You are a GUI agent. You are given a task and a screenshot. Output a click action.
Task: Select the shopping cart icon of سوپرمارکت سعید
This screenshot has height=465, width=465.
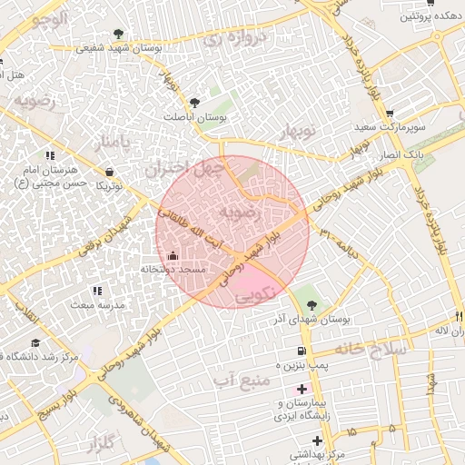[x=390, y=114]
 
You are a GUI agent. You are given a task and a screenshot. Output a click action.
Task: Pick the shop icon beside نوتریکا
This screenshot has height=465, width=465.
[x=110, y=172]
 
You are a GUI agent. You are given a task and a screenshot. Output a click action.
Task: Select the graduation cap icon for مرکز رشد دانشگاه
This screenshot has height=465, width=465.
[x=35, y=342]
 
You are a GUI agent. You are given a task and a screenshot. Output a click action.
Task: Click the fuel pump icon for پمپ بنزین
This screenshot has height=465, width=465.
[x=302, y=351]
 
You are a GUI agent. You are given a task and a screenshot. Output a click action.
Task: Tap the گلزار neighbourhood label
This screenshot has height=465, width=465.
[x=94, y=444]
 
